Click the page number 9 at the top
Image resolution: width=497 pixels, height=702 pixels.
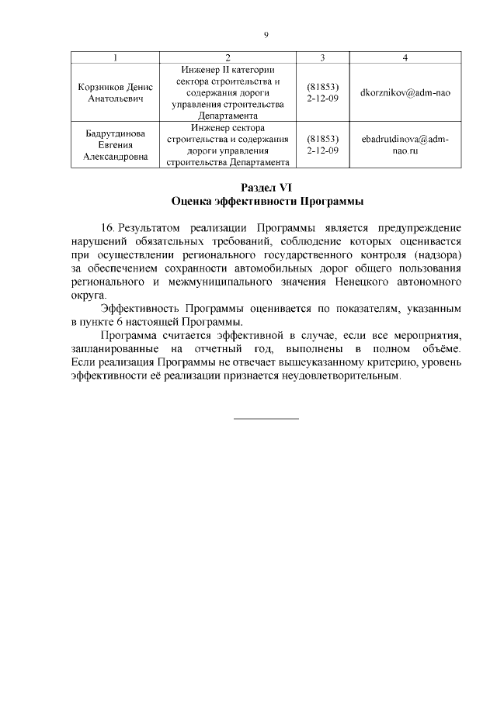pos(266,35)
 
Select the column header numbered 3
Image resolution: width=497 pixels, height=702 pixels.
pos(322,58)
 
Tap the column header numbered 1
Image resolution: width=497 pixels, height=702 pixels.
pos(115,58)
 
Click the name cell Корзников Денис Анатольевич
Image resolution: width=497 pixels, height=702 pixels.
pos(115,92)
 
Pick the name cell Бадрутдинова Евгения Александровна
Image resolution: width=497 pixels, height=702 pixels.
pos(115,145)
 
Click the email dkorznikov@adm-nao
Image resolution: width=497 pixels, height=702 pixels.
pos(405,92)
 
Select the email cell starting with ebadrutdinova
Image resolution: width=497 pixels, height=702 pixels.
pos(405,145)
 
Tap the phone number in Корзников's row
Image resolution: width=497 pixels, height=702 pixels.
pos(322,92)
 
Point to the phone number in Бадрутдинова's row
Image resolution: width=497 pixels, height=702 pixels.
pos(322,145)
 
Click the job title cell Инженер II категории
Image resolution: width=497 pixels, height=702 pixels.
pos(228,92)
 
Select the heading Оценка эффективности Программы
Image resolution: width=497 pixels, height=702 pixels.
pos(266,201)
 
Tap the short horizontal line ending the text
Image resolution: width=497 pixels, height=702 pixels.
pos(266,419)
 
